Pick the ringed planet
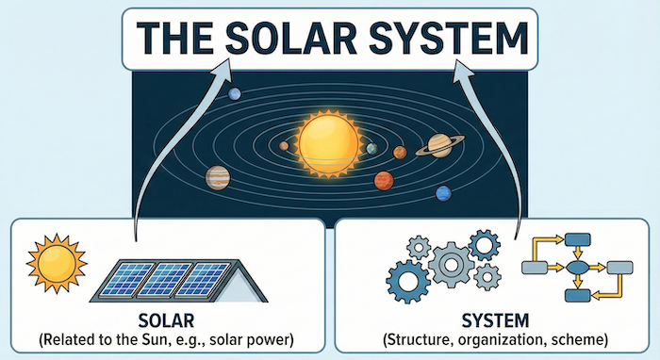pyautogui.click(x=439, y=144)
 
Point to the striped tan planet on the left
pyautogui.click(x=218, y=176)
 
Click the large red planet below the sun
pyautogui.click(x=383, y=180)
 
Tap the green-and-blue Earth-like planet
pyautogui.click(x=371, y=149)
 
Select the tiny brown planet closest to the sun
pyautogui.click(x=284, y=146)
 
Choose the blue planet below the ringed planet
pyautogui.click(x=443, y=193)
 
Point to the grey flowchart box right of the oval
pyautogui.click(x=619, y=268)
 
